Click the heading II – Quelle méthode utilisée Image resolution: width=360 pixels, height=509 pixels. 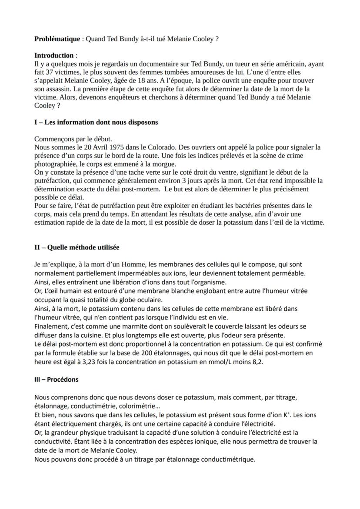coord(77,247)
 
